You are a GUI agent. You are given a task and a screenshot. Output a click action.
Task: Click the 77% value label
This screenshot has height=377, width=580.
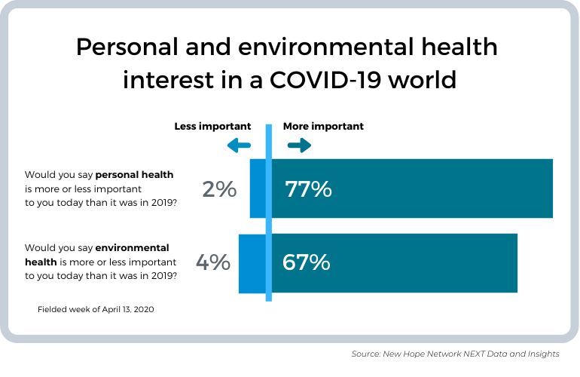[308, 189]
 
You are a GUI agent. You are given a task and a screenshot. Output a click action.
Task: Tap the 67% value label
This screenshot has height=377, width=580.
[306, 262]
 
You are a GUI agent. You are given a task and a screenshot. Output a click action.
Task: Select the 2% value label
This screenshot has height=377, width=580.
[219, 189]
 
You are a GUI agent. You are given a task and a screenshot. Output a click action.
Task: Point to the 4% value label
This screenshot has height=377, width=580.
[212, 262]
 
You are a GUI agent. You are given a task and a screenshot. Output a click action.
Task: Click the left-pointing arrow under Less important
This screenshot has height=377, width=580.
[239, 146]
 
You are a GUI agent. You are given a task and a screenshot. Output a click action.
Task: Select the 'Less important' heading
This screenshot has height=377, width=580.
[213, 126]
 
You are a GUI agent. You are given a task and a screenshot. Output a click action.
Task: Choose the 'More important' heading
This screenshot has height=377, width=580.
[323, 126]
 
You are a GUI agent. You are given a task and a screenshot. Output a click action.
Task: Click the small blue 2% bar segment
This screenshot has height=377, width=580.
[258, 188]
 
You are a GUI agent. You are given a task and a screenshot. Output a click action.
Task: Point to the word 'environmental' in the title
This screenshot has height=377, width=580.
[324, 48]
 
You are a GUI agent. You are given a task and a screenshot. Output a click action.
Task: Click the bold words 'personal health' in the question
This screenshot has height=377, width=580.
[134, 174]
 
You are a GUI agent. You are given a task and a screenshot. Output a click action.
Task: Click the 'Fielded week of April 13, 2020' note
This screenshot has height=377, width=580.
[96, 309]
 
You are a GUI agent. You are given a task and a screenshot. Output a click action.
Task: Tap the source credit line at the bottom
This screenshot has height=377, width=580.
[455, 354]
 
